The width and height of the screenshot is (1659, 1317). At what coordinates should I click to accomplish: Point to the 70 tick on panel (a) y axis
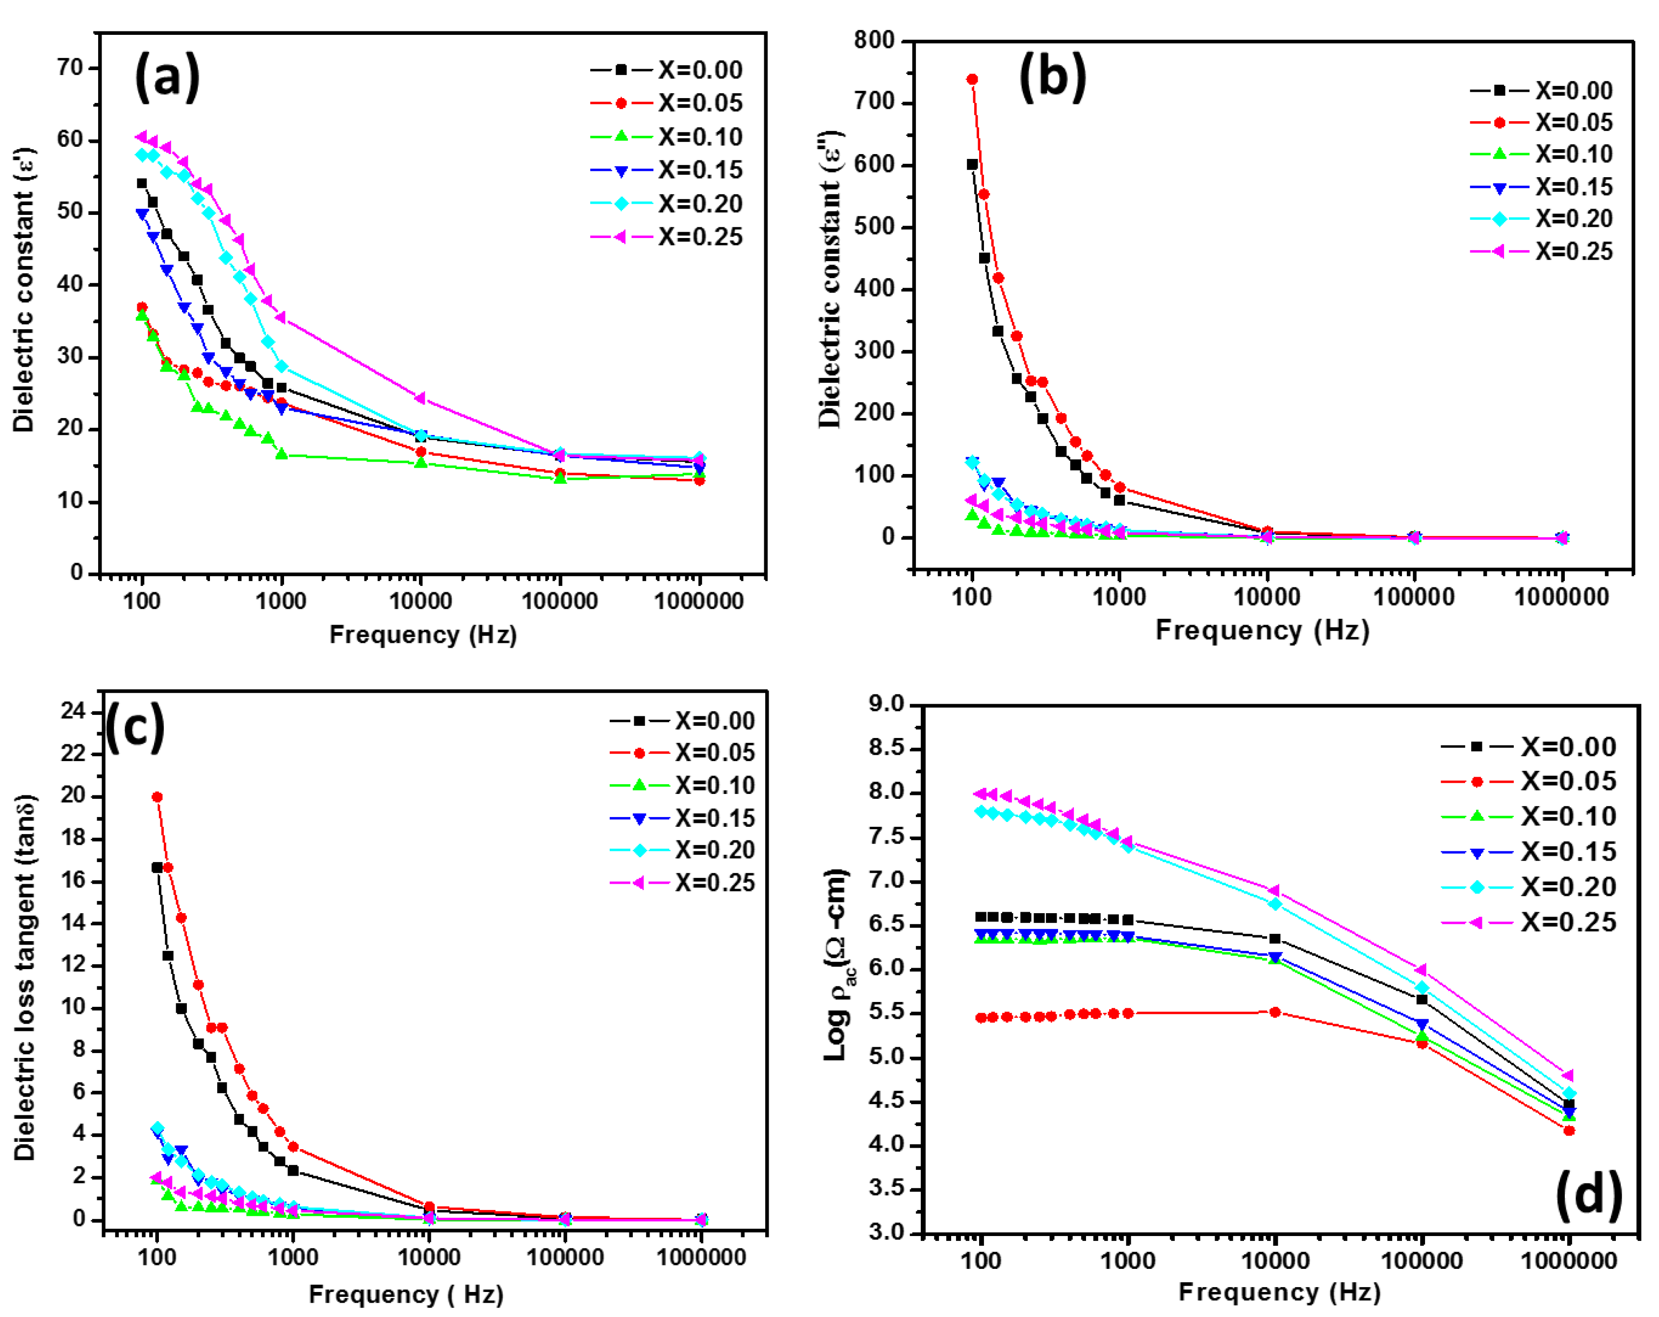point(70,68)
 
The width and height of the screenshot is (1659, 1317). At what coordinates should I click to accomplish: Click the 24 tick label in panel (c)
point(74,711)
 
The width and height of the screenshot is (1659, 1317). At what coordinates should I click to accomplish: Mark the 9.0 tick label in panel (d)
point(887,704)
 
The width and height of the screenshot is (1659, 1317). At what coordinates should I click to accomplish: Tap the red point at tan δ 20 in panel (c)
point(157,797)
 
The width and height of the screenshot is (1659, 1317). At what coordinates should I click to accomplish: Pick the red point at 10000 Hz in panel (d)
point(1275,1012)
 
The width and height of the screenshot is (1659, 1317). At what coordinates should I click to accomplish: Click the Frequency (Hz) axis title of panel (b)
point(1262,631)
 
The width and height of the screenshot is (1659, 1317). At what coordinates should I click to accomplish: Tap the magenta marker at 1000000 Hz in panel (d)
point(1568,1075)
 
